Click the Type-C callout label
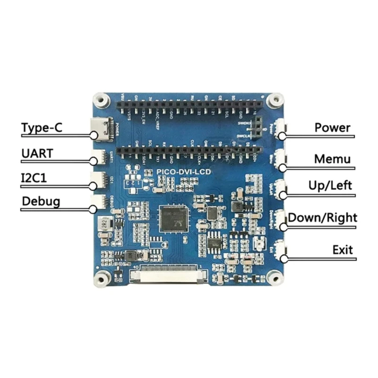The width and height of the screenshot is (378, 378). (x=41, y=129)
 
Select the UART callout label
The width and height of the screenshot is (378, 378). (x=37, y=154)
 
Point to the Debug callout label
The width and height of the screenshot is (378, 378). (x=41, y=202)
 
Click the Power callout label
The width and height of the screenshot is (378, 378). (x=332, y=128)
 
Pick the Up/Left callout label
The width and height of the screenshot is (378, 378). (x=330, y=185)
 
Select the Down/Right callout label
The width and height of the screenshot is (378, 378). (x=323, y=218)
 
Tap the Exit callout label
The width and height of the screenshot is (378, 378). (x=342, y=249)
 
